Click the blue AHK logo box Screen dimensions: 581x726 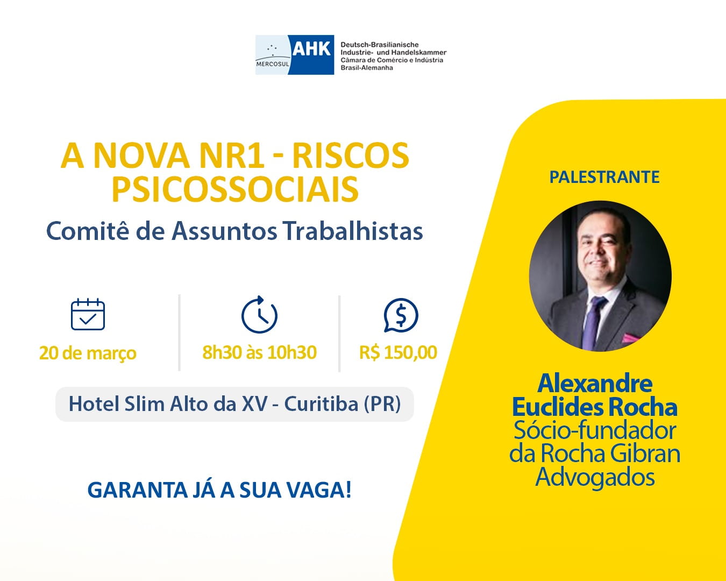[x=311, y=55]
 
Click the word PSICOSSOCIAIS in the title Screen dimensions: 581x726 [x=235, y=189]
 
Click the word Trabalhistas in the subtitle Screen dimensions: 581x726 [x=353, y=231]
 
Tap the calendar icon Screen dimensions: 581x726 [x=88, y=314]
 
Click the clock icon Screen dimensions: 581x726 [x=259, y=315]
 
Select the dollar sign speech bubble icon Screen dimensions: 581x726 [x=401, y=315]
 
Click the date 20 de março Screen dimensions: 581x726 [x=88, y=353]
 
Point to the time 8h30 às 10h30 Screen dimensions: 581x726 [x=259, y=352]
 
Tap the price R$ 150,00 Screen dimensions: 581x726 [x=398, y=352]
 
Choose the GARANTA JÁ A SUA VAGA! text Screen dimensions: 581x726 [x=219, y=490]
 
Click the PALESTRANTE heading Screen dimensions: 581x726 [x=604, y=177]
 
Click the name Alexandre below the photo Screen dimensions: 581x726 [x=595, y=384]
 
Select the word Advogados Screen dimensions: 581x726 [x=595, y=477]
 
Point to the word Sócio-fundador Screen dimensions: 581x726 [x=595, y=430]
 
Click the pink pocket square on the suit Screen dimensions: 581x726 [x=630, y=338]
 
